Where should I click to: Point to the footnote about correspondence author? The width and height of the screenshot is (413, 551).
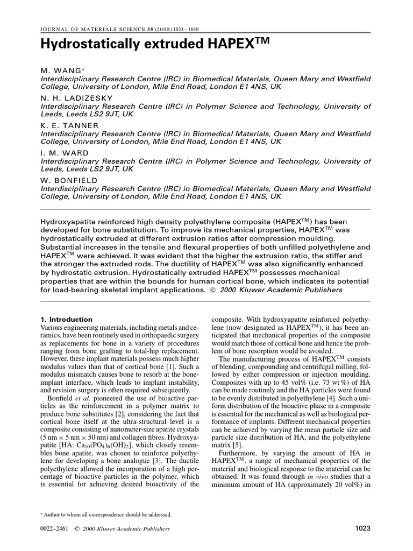108,514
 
